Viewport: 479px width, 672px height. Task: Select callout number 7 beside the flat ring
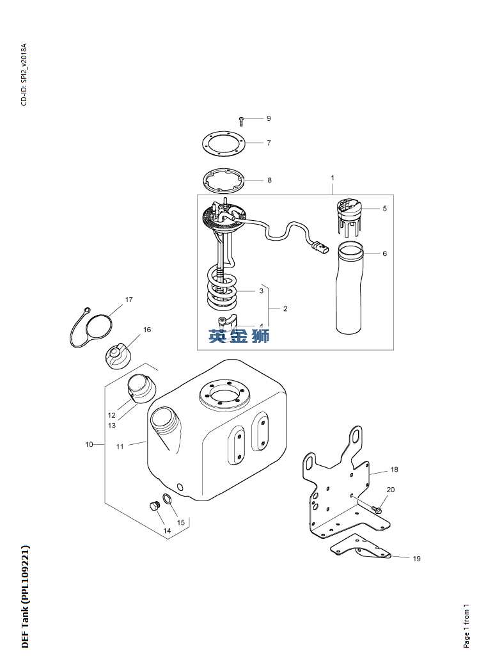tap(269, 143)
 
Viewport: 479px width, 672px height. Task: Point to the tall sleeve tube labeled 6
tap(350, 288)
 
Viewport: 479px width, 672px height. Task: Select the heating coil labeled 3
tap(222, 288)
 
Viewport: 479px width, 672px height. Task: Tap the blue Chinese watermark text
tap(239, 335)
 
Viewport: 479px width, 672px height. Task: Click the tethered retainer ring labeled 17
tap(99, 333)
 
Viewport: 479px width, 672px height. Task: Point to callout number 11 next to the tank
tap(120, 447)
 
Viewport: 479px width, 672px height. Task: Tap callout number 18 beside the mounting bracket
tap(394, 469)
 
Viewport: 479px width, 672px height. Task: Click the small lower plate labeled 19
tap(361, 546)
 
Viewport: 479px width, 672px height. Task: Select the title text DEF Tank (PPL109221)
tap(25, 596)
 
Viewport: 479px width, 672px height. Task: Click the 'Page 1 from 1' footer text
tap(466, 625)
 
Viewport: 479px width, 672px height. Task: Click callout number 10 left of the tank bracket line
tap(89, 444)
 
